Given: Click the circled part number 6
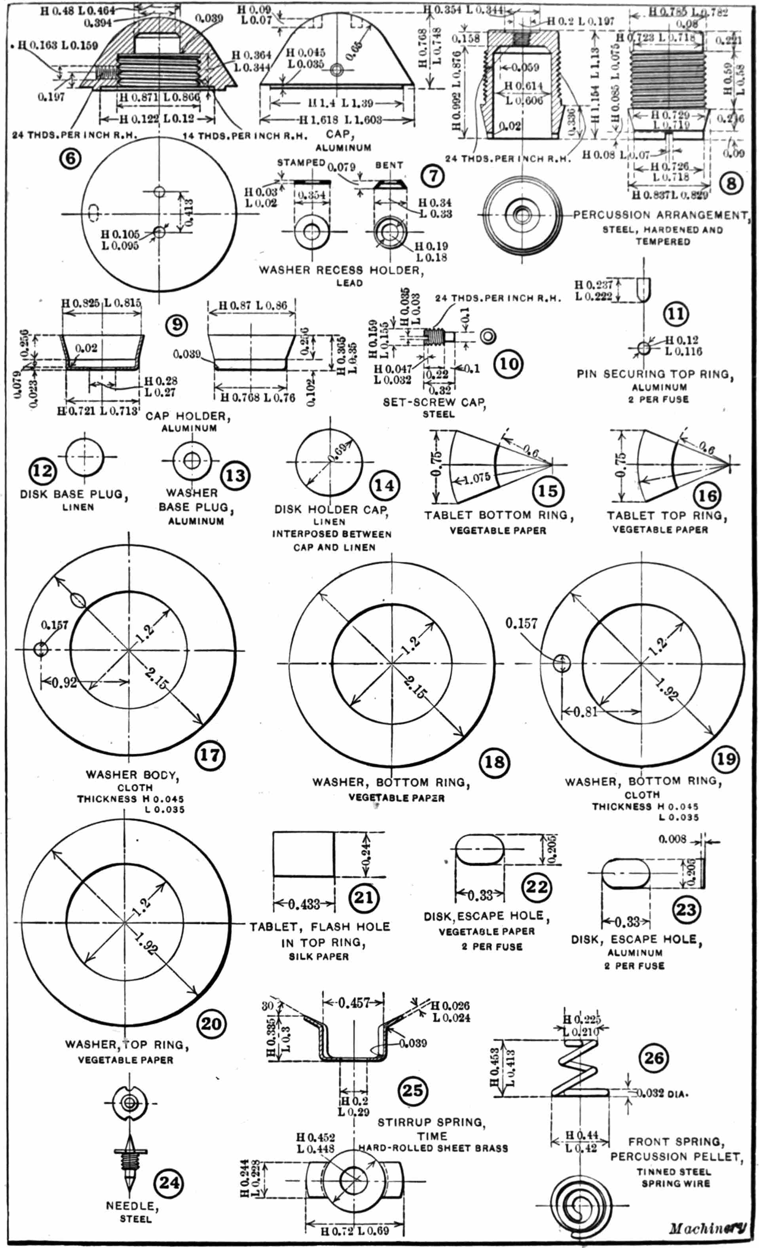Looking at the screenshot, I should point(70,159).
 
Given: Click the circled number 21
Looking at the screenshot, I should point(363,897).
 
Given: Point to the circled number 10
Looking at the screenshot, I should point(509,364).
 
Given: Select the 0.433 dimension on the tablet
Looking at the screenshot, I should point(304,904).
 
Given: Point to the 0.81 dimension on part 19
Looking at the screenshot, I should point(585,711).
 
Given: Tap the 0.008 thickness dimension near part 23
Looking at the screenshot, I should point(672,839).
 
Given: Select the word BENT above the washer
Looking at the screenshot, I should point(389,165).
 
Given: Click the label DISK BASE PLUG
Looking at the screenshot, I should point(74,494).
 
